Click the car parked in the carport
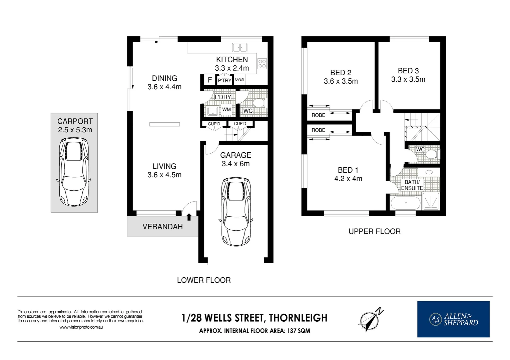click(74, 172)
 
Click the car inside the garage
click(236, 211)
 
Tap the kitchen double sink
click(239, 48)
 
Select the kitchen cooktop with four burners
click(262, 64)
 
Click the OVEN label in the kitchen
click(239, 79)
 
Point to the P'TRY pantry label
click(224, 80)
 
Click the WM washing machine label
click(226, 109)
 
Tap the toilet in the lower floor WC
click(259, 102)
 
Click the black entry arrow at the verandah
click(189, 217)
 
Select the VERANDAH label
click(162, 227)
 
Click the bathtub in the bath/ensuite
click(406, 203)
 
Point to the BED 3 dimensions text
click(408, 79)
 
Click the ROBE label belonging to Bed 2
click(318, 115)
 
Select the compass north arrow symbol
click(371, 319)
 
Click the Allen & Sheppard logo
click(453, 319)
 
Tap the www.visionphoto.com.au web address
click(81, 327)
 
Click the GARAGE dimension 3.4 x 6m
click(235, 164)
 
